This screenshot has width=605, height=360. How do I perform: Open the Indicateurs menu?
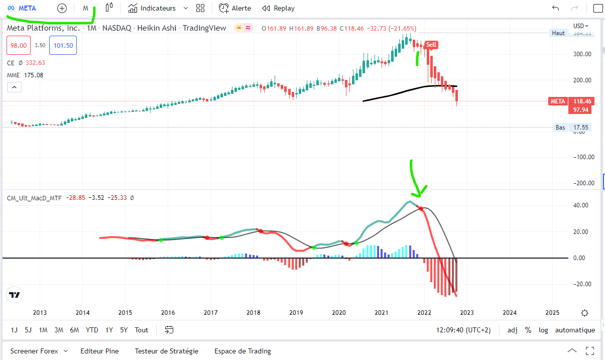pos(158,8)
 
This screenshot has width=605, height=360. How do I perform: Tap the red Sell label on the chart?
pos(431,45)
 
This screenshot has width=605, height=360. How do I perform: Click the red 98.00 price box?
pos(19,45)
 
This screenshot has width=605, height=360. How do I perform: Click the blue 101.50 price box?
pos(63,45)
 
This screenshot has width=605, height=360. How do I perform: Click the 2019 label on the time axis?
pos(296,313)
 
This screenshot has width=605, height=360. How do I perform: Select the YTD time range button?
pos(92,330)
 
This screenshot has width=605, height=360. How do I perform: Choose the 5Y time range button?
pos(124,330)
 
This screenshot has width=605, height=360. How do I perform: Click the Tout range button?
pos(142,330)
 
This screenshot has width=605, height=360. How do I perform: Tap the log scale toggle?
pos(543,330)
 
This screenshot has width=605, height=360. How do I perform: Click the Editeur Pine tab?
pos(99,351)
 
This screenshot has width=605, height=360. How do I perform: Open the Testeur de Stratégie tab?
pos(166,351)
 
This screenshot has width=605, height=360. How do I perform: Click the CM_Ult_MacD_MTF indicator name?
pos(34,198)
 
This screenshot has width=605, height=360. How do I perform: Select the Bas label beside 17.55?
pos(560,128)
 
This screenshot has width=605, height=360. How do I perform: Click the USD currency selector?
pos(580,26)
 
